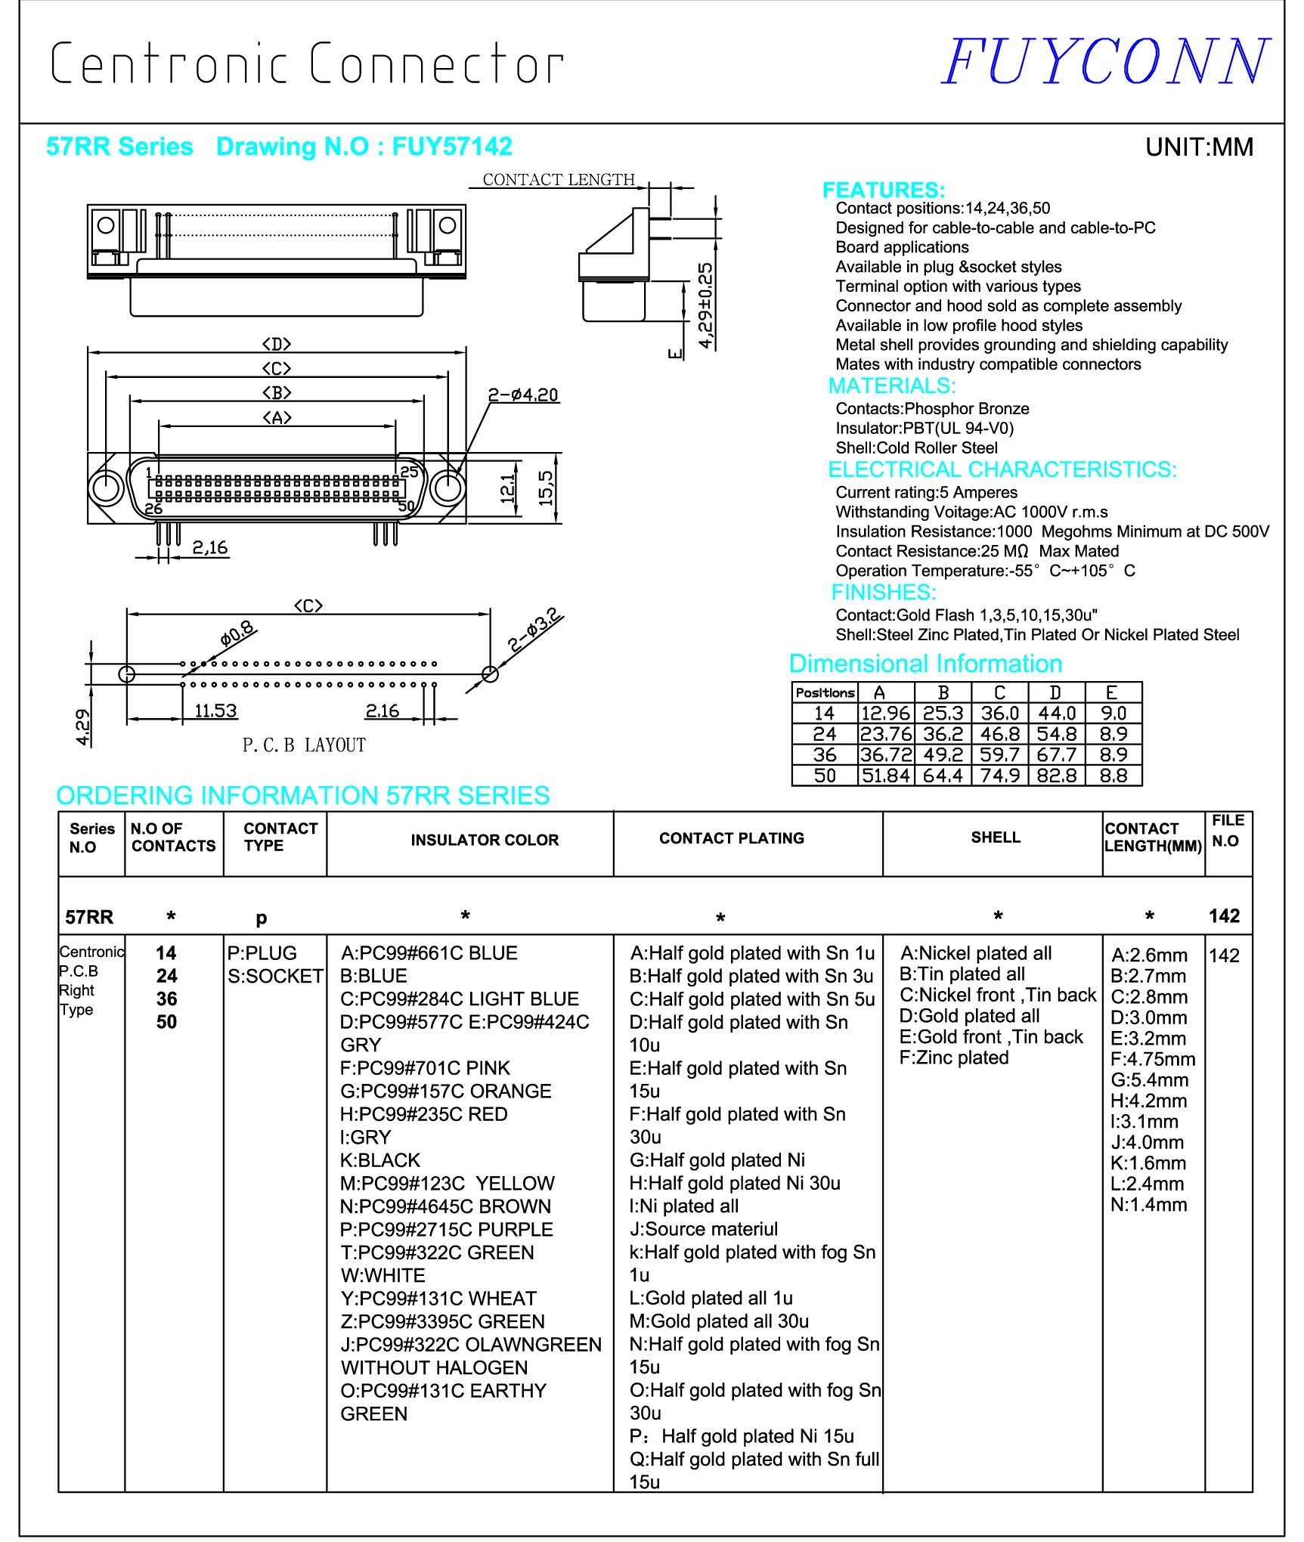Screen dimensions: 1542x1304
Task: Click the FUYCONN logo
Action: [x=1104, y=62]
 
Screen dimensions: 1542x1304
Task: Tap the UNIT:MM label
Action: [x=1199, y=147]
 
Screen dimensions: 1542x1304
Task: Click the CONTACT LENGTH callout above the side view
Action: [x=559, y=179]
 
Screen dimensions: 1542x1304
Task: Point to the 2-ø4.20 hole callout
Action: [x=523, y=395]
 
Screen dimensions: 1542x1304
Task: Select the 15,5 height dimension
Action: [x=546, y=488]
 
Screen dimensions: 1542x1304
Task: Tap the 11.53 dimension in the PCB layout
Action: [x=215, y=711]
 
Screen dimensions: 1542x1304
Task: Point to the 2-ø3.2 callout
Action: [x=534, y=630]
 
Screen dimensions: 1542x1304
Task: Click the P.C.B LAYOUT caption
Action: [x=304, y=745]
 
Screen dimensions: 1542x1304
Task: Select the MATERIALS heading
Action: [x=892, y=386]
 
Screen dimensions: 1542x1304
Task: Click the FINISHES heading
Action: [x=884, y=592]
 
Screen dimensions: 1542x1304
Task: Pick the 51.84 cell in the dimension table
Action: [x=885, y=776]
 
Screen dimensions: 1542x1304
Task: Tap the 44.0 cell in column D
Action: [x=1056, y=713]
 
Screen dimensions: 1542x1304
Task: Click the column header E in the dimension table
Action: [x=1111, y=692]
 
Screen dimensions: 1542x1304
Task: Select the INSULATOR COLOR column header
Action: [x=485, y=840]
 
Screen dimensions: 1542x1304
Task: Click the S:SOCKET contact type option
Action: [x=275, y=976]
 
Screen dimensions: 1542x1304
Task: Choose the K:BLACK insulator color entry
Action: [x=380, y=1160]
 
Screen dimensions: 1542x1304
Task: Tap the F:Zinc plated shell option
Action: [x=954, y=1057]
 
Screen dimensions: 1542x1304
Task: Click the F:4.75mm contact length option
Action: [x=1153, y=1059]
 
